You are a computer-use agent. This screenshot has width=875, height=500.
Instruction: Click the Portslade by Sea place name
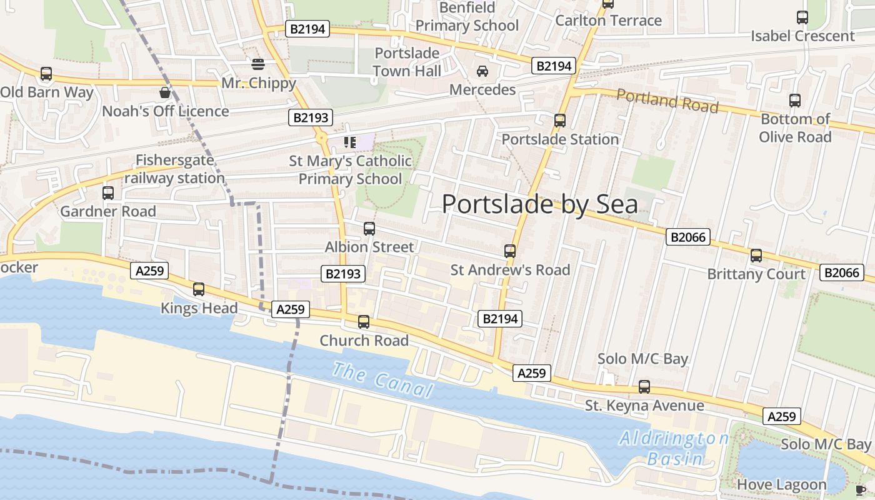pyautogui.click(x=540, y=204)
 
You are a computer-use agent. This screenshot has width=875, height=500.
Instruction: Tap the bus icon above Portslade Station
pyautogui.click(x=560, y=120)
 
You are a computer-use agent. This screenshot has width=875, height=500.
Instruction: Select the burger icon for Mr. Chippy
pyautogui.click(x=258, y=64)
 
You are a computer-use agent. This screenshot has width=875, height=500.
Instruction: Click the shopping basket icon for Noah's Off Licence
pyautogui.click(x=165, y=92)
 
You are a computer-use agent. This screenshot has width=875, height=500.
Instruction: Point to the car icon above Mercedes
pyautogui.click(x=482, y=71)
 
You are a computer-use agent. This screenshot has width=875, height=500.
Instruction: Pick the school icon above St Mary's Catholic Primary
pyautogui.click(x=350, y=142)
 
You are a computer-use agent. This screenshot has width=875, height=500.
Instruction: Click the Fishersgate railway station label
pyautogui.click(x=174, y=169)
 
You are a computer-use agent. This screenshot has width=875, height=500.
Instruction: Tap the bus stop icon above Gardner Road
pyautogui.click(x=108, y=192)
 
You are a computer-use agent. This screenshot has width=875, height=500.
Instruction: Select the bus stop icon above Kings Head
pyautogui.click(x=199, y=289)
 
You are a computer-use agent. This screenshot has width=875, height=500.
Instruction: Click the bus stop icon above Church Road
pyautogui.click(x=364, y=322)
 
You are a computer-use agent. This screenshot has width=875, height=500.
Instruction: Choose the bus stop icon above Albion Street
pyautogui.click(x=369, y=229)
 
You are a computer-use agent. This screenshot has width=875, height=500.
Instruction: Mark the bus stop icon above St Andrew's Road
pyautogui.click(x=510, y=251)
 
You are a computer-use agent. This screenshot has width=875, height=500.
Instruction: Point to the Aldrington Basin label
pyautogui.click(x=674, y=448)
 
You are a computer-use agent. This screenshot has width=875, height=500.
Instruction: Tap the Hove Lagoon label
pyautogui.click(x=781, y=484)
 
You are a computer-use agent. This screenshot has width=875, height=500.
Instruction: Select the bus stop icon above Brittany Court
pyautogui.click(x=756, y=255)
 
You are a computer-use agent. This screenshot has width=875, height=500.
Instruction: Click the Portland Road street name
pyautogui.click(x=667, y=101)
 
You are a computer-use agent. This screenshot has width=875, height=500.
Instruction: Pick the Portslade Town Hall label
pyautogui.click(x=407, y=62)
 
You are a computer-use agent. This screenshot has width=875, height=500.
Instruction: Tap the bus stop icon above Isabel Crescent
pyautogui.click(x=802, y=17)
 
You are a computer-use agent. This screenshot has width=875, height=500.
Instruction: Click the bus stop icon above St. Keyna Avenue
pyautogui.click(x=644, y=387)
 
